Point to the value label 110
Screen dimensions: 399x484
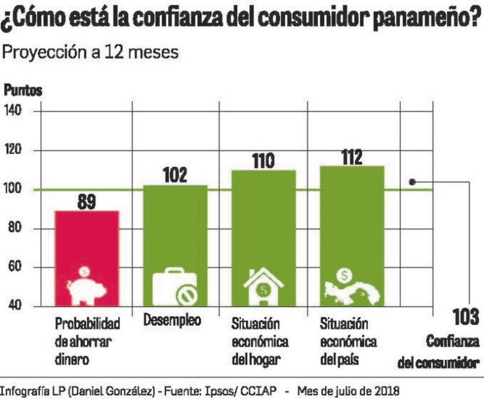(x=263, y=162)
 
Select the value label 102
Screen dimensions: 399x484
(x=175, y=176)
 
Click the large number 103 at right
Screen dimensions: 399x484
(x=465, y=317)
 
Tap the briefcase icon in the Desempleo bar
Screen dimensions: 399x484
(x=175, y=286)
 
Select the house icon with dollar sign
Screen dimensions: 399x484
(x=263, y=286)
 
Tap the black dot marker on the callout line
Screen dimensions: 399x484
(x=413, y=181)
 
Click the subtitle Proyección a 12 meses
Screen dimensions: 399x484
(x=91, y=53)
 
